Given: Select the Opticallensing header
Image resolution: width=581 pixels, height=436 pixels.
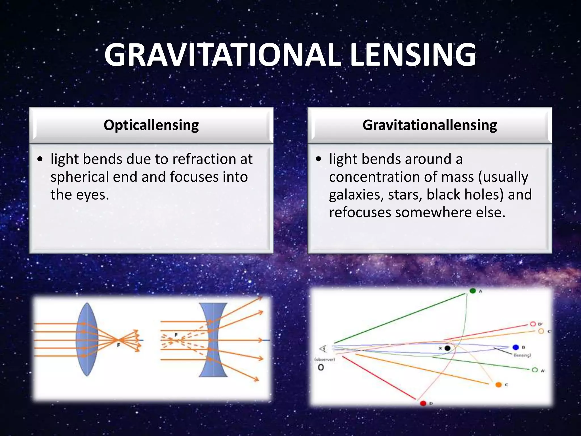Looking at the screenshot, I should coord(151,125).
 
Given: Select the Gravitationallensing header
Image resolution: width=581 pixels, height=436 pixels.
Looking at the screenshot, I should coord(430,125).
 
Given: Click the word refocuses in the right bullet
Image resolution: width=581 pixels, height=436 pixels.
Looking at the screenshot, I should coord(360,212).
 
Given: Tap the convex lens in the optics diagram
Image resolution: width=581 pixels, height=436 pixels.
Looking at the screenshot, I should coord(87,339).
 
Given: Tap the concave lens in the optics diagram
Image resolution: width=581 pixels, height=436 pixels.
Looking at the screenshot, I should coord(213,339).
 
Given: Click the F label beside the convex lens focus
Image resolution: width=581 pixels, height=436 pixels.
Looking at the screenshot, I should coord(118,345).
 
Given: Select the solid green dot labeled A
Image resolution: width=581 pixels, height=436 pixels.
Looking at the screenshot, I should coord(473,291).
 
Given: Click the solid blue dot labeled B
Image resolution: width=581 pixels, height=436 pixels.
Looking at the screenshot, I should coord(516,347).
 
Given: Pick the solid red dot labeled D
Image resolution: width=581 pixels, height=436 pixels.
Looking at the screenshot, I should coord(423,403).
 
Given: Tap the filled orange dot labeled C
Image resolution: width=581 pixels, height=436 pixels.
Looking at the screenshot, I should coord(498,385).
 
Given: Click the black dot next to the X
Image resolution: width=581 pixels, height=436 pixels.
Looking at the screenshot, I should coord(447,348).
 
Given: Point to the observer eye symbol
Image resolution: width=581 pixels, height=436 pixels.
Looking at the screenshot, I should coord(323,349).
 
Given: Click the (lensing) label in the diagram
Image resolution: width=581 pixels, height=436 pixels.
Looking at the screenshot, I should coord(522,355).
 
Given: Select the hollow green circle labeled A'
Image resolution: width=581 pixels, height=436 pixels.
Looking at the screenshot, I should coord(535,370).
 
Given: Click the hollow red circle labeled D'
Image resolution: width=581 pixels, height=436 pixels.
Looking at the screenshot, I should coord(533,324).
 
